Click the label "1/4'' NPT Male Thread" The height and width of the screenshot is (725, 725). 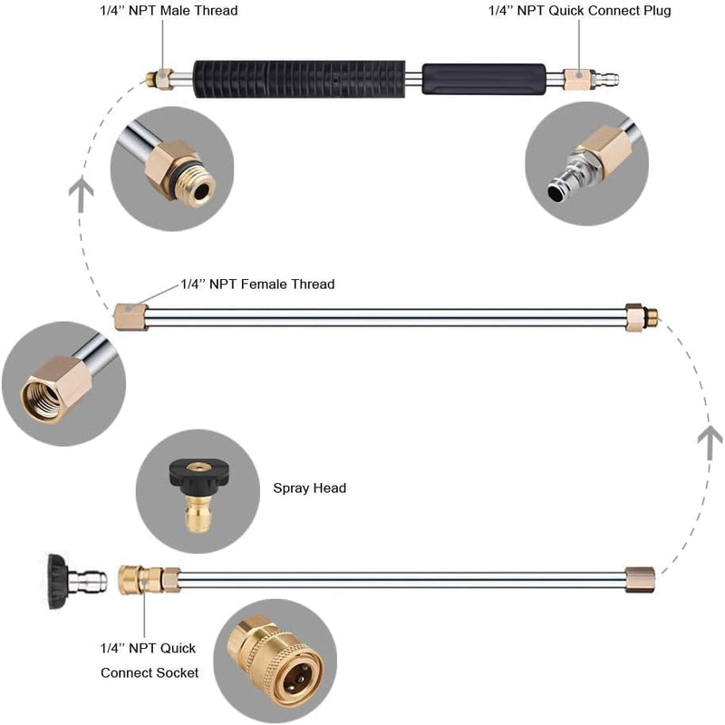point(168,11)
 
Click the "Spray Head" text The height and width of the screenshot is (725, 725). point(309,488)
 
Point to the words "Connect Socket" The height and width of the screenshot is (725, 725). point(149,672)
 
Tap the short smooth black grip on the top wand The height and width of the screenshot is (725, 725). point(483,78)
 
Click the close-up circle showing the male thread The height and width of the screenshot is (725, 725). point(172,169)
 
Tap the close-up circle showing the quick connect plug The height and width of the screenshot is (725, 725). point(586,163)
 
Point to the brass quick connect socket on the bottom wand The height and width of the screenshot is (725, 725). point(141,578)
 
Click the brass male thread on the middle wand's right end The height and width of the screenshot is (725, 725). point(641,316)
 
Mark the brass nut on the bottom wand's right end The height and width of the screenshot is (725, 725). point(641,579)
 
